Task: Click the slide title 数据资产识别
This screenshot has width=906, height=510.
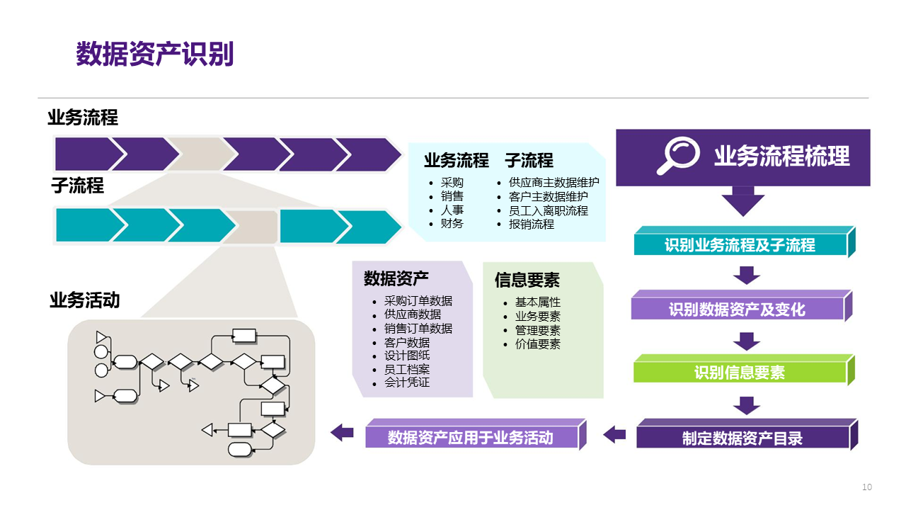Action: click(154, 55)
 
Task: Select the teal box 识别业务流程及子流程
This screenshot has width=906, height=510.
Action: click(740, 245)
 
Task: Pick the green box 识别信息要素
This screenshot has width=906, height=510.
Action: click(740, 373)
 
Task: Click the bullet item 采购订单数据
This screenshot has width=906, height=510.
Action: click(418, 300)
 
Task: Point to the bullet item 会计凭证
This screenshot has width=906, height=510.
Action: click(406, 382)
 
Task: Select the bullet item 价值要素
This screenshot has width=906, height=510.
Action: click(537, 344)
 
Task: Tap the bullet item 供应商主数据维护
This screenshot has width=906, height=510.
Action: click(554, 182)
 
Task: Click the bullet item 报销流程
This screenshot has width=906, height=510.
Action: click(531, 224)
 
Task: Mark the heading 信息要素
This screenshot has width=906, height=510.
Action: click(527, 280)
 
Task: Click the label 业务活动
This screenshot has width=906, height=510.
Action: click(84, 300)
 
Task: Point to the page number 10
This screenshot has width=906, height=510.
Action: click(867, 487)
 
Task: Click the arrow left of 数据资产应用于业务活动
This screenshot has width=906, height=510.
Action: click(343, 431)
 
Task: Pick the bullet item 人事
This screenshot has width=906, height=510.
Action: click(452, 210)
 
